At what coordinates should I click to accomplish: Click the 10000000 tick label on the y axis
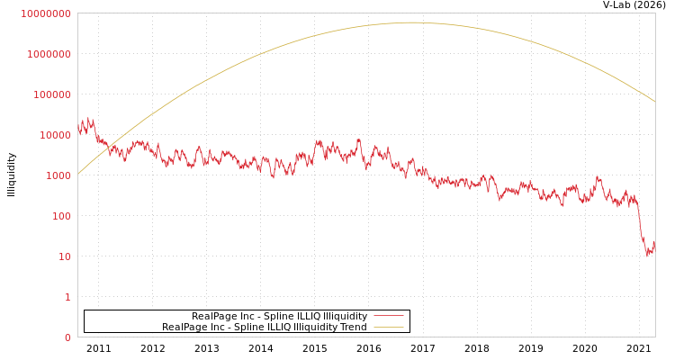pyautogui.click(x=45, y=13)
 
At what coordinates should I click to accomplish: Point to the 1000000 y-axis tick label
pyautogui.click(x=49, y=54)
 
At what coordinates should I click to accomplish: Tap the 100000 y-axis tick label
pyautogui.click(x=51, y=94)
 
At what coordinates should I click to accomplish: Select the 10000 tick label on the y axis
pyautogui.click(x=54, y=135)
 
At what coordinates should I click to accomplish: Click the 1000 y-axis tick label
pyautogui.click(x=58, y=175)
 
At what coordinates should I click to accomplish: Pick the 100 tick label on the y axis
pyautogui.click(x=60, y=216)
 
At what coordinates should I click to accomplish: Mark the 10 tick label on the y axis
pyautogui.click(x=64, y=256)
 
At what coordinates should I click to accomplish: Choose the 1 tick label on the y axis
pyautogui.click(x=67, y=297)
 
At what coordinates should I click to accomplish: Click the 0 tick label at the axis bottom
pyautogui.click(x=67, y=337)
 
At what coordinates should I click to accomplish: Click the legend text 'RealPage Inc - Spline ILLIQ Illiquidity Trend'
pyautogui.click(x=264, y=327)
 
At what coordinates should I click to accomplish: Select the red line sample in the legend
pyautogui.click(x=388, y=316)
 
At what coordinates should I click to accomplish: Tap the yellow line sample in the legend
pyautogui.click(x=388, y=327)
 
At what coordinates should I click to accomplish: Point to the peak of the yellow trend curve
pyautogui.click(x=412, y=22)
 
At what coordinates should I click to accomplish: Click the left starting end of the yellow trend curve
pyautogui.click(x=78, y=174)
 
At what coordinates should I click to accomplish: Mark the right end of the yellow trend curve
pyautogui.click(x=654, y=101)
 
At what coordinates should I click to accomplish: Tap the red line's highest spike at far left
pyautogui.click(x=89, y=117)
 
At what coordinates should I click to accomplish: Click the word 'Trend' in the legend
pyautogui.click(x=353, y=327)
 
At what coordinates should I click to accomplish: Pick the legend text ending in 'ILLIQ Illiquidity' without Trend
pyautogui.click(x=279, y=316)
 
